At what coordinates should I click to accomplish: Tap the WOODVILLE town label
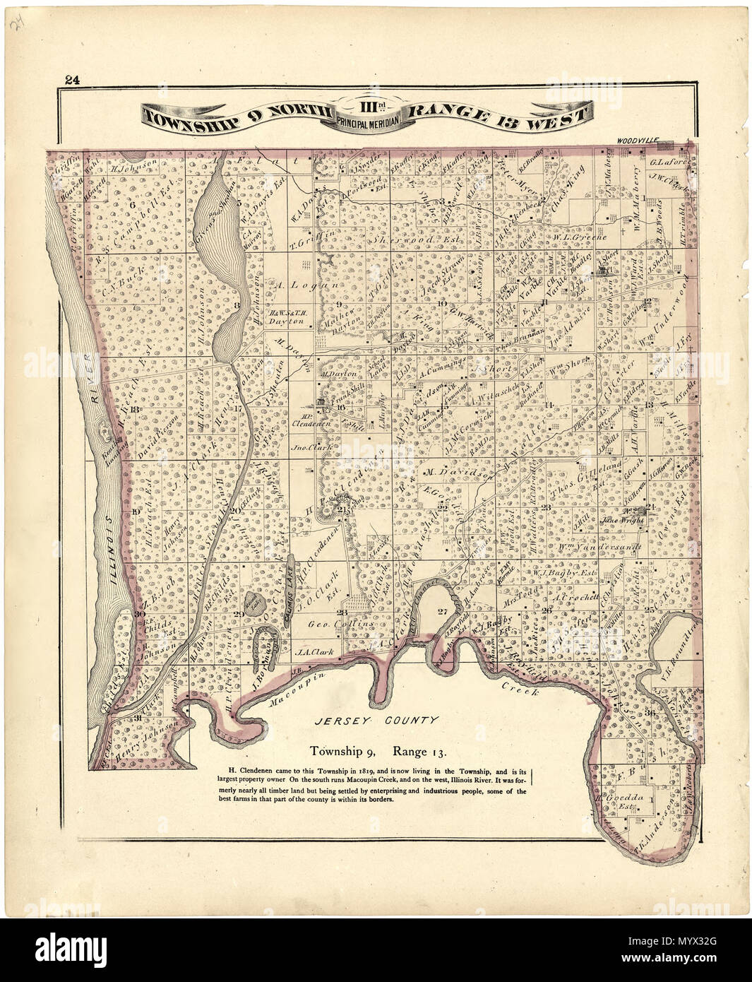[x=636, y=141]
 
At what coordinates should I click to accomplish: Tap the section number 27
[x=443, y=611]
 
